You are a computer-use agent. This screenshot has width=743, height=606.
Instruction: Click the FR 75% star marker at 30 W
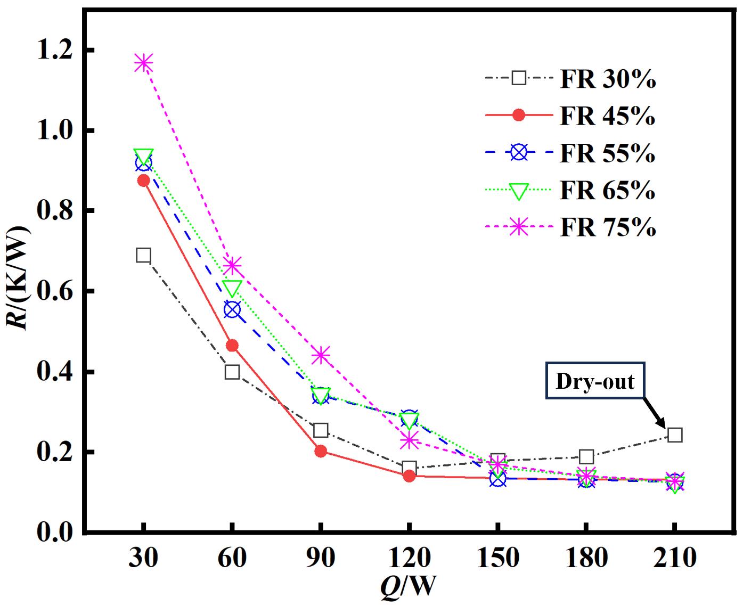click(x=143, y=63)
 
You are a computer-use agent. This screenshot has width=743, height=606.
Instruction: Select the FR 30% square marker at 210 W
click(x=674, y=435)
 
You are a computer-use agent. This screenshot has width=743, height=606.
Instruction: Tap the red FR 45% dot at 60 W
click(x=232, y=346)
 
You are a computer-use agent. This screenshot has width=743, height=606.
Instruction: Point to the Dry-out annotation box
click(x=595, y=381)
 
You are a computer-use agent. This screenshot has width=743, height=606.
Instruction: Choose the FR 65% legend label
click(x=607, y=191)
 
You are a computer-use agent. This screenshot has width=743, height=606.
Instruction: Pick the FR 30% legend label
click(x=607, y=79)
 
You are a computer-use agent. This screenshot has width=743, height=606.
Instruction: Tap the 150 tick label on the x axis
click(x=497, y=558)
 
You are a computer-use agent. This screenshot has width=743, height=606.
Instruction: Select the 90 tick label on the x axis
click(x=321, y=558)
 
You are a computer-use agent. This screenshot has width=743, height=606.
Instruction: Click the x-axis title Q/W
click(x=407, y=587)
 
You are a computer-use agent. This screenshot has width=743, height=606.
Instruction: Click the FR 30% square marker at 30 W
click(x=143, y=255)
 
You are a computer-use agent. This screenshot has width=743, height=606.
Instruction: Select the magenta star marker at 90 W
click(x=321, y=355)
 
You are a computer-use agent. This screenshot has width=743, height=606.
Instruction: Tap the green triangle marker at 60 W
click(x=232, y=288)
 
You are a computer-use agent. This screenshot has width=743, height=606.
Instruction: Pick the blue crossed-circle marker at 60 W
click(x=232, y=309)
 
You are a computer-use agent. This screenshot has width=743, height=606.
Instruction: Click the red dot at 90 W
click(x=321, y=451)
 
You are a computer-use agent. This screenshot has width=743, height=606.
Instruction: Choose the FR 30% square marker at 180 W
click(x=586, y=456)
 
